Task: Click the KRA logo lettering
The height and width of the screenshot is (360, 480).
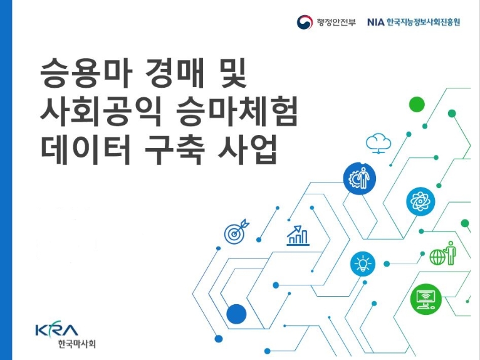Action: pos(57,329)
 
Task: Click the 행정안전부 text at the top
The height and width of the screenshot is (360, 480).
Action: pos(335,23)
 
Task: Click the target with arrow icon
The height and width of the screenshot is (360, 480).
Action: pos(236,232)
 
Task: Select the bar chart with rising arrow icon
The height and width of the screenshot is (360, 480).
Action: pos(298,235)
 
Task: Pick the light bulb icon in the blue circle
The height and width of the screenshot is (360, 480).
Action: pos(362,263)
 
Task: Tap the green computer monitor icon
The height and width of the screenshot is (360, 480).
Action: pos(427,299)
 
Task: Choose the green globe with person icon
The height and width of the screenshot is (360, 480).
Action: pos(442,253)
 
